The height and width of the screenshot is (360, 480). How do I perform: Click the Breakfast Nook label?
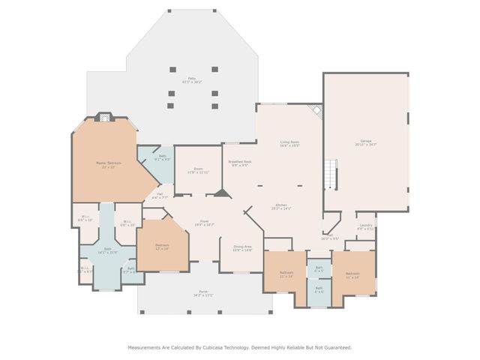pyautogui.click(x=239, y=163)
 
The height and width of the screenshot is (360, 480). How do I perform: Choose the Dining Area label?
pyautogui.click(x=242, y=248)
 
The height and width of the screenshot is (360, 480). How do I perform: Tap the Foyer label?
pyautogui.click(x=204, y=223)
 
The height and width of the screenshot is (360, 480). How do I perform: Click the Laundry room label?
pyautogui.click(x=365, y=226)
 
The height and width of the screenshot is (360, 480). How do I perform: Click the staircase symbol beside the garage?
pyautogui.click(x=330, y=175)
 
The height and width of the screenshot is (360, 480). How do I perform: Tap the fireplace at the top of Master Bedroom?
pyautogui.click(x=106, y=117)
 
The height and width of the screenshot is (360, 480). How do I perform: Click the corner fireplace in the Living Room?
pyautogui.click(x=317, y=109)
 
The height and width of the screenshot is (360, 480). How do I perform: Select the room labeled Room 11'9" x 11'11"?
pyautogui.click(x=198, y=171)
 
